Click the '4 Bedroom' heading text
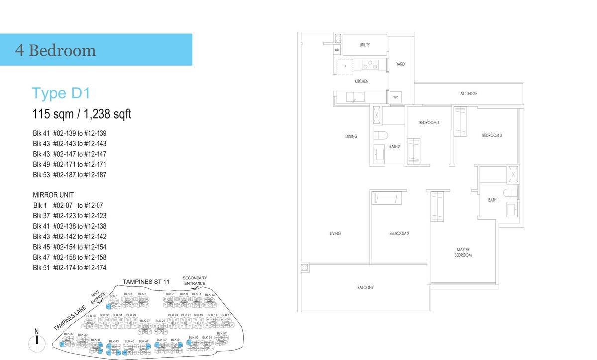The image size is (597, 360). (55, 50)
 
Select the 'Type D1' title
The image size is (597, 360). (61, 93)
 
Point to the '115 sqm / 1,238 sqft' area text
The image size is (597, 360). (82, 114)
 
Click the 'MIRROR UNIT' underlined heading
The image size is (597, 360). (53, 195)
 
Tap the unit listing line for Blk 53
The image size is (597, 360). (70, 175)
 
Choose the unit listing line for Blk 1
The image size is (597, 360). (68, 205)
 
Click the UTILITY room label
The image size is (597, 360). (365, 45)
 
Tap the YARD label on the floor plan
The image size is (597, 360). (400, 64)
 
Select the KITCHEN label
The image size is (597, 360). (361, 81)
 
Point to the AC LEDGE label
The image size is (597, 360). (469, 94)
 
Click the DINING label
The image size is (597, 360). (351, 136)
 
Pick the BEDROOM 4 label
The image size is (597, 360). (429, 123)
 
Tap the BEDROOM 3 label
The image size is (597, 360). (492, 135)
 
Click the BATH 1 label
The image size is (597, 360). (493, 200)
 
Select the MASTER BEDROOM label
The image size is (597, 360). (463, 252)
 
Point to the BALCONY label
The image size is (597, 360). (365, 288)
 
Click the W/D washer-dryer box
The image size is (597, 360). (396, 97)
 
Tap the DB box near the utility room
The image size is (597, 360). (337, 50)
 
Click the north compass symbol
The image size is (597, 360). (36, 341)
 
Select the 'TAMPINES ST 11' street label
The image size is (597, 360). (146, 282)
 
